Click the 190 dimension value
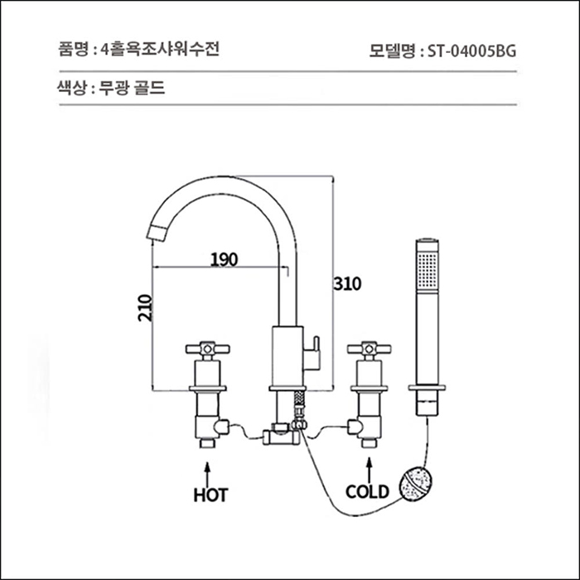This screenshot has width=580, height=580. coord(224,259)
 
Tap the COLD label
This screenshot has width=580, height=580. coord(367,491)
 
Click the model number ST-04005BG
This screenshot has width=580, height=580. coord(471,50)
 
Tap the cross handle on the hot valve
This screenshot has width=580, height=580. coord(205,350)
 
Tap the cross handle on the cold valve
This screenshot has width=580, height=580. coord(366,350)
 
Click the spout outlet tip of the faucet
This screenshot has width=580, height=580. coord(156,233)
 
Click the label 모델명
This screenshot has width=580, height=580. coord(394,50)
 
